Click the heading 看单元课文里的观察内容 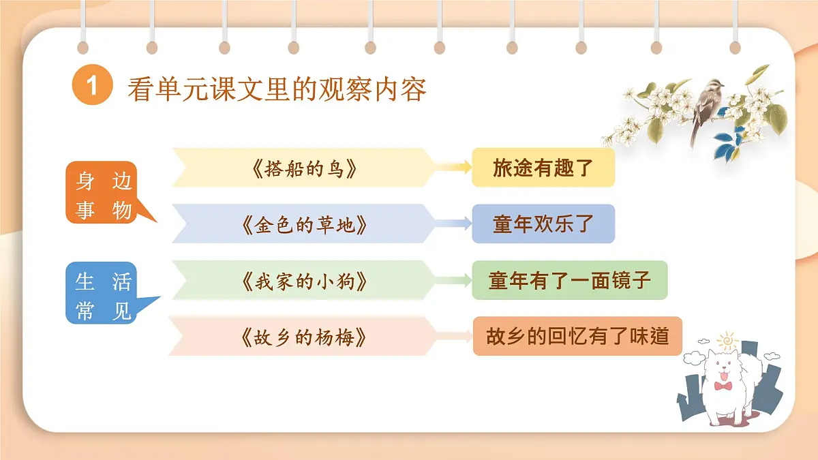click(x=277, y=89)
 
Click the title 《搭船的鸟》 click(x=303, y=168)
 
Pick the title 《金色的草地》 click(x=303, y=224)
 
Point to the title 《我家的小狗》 click(x=303, y=280)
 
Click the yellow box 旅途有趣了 click(x=543, y=168)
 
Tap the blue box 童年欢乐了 click(x=543, y=224)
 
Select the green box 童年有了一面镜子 click(x=569, y=279)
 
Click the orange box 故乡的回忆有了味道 click(x=577, y=336)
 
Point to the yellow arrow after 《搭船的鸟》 click(x=453, y=168)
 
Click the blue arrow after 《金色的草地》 click(x=453, y=224)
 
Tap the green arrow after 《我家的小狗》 click(x=453, y=280)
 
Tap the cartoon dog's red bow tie click(x=723, y=386)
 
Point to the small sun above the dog click(x=728, y=339)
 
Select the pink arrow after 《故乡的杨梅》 click(x=453, y=336)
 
